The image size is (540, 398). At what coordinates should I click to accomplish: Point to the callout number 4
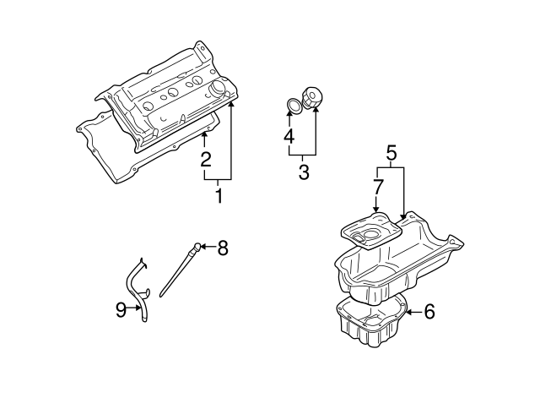289,135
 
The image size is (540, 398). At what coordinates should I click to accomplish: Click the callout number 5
391,154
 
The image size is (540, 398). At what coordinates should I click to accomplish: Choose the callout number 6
429,312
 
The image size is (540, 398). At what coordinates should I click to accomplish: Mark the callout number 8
223,248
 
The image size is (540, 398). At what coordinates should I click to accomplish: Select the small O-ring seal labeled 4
293,105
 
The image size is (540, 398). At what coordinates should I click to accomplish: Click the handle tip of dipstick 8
196,247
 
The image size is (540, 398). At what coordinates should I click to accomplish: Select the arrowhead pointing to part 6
409,312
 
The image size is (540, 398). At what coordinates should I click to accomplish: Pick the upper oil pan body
397,262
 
